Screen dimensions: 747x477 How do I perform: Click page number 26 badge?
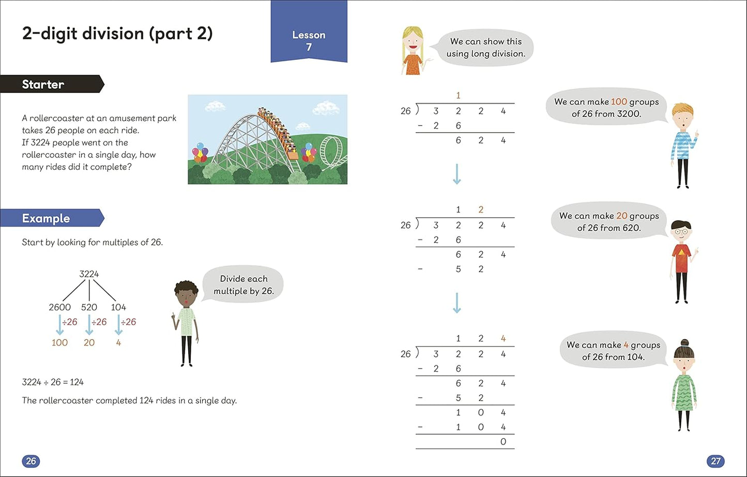(x=31, y=460)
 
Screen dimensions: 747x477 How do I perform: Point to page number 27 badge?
(x=715, y=460)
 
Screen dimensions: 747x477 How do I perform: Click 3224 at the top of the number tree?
(x=89, y=274)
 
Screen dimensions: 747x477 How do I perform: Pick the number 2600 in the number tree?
(x=60, y=307)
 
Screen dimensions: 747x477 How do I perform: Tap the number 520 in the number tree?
(x=89, y=307)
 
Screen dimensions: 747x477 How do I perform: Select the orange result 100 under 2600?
(x=59, y=342)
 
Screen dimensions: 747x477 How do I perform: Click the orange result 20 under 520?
(x=89, y=342)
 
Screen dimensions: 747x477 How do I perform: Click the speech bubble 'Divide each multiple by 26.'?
(x=244, y=284)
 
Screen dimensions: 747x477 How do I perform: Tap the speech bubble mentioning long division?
(x=485, y=47)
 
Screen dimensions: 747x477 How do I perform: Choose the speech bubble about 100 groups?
(x=606, y=107)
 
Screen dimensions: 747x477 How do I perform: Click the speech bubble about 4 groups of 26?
(x=613, y=351)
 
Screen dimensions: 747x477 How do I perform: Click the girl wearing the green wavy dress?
(x=684, y=385)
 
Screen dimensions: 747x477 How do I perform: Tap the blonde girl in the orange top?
(x=413, y=52)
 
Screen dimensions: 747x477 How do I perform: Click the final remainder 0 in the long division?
(x=503, y=442)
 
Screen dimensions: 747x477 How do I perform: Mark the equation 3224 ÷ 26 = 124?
(x=53, y=382)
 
